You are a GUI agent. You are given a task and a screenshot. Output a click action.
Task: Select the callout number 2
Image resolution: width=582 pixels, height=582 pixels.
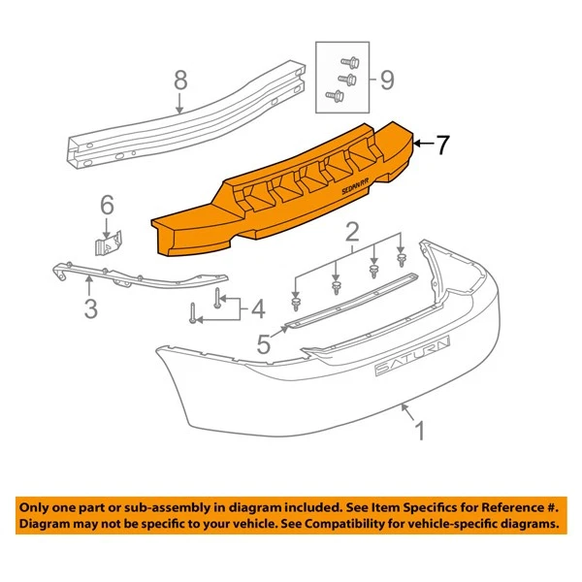pyautogui.click(x=351, y=231)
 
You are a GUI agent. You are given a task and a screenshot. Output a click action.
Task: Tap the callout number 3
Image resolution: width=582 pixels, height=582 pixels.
pyautogui.click(x=90, y=309)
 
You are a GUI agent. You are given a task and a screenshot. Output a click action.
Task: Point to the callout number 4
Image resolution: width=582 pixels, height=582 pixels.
pyautogui.click(x=256, y=310)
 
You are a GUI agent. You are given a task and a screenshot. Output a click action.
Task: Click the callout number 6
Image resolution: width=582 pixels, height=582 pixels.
pyautogui.click(x=107, y=204)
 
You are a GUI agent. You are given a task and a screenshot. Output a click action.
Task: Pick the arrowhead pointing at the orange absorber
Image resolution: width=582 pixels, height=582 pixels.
pyautogui.click(x=418, y=145)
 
